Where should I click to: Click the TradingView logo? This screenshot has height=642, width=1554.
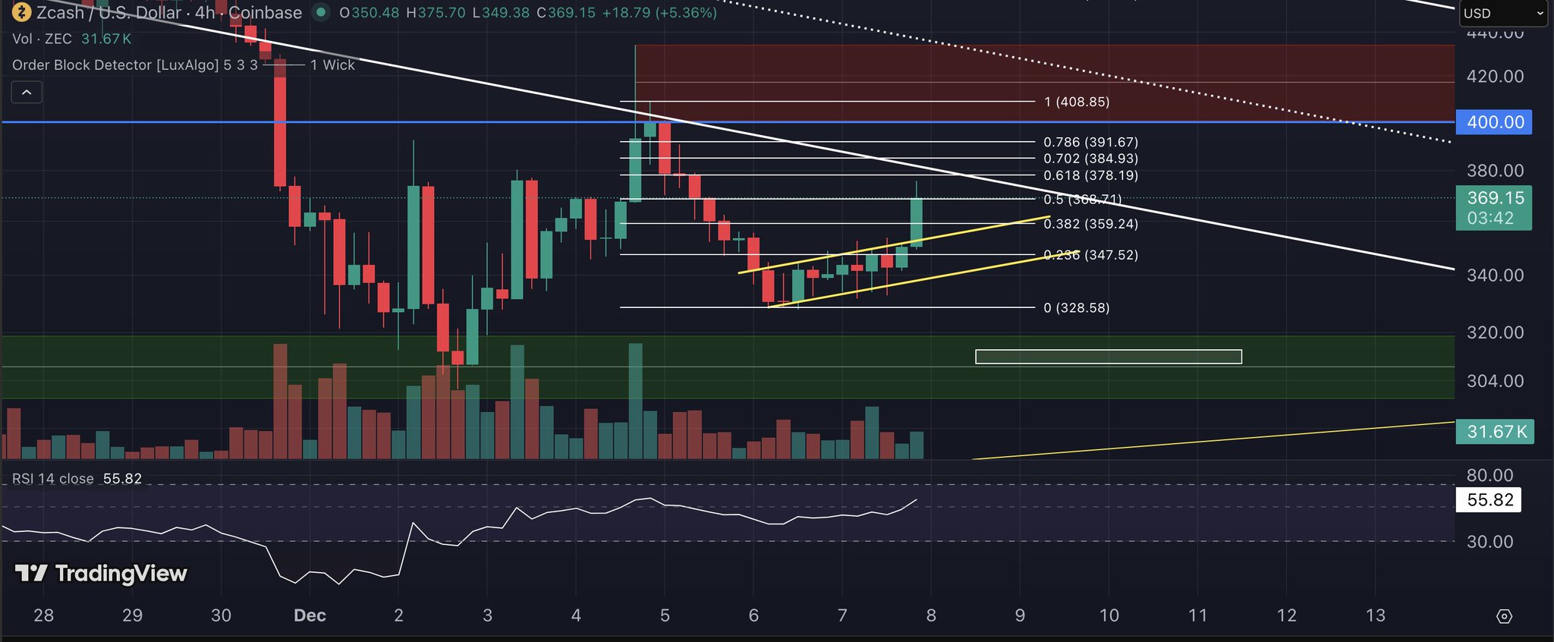[x=101, y=574]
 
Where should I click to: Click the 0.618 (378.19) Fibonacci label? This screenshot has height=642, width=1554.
[x=1090, y=175]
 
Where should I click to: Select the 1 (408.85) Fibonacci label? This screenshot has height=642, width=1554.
[x=1077, y=102]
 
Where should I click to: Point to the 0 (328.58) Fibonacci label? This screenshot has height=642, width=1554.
[x=1077, y=308]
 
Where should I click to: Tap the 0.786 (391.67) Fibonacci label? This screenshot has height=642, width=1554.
[x=1090, y=142]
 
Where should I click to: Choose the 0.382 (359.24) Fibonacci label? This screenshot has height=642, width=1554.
[x=1090, y=224]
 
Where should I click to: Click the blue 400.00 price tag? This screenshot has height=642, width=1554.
[x=1494, y=122]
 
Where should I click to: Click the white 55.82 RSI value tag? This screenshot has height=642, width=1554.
[x=1490, y=500]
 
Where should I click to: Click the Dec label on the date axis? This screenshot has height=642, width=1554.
[x=310, y=615]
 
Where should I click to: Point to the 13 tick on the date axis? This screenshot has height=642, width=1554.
[x=1375, y=615]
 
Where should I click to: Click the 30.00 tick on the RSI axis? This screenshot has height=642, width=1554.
[x=1490, y=542]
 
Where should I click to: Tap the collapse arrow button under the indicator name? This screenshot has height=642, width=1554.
[x=27, y=93]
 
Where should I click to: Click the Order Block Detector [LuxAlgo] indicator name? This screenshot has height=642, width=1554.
[x=115, y=65]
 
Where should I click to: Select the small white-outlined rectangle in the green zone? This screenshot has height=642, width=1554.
[x=1108, y=357]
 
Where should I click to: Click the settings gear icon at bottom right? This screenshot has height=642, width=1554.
[x=1505, y=616]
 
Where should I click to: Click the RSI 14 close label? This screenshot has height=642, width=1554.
[x=53, y=479]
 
